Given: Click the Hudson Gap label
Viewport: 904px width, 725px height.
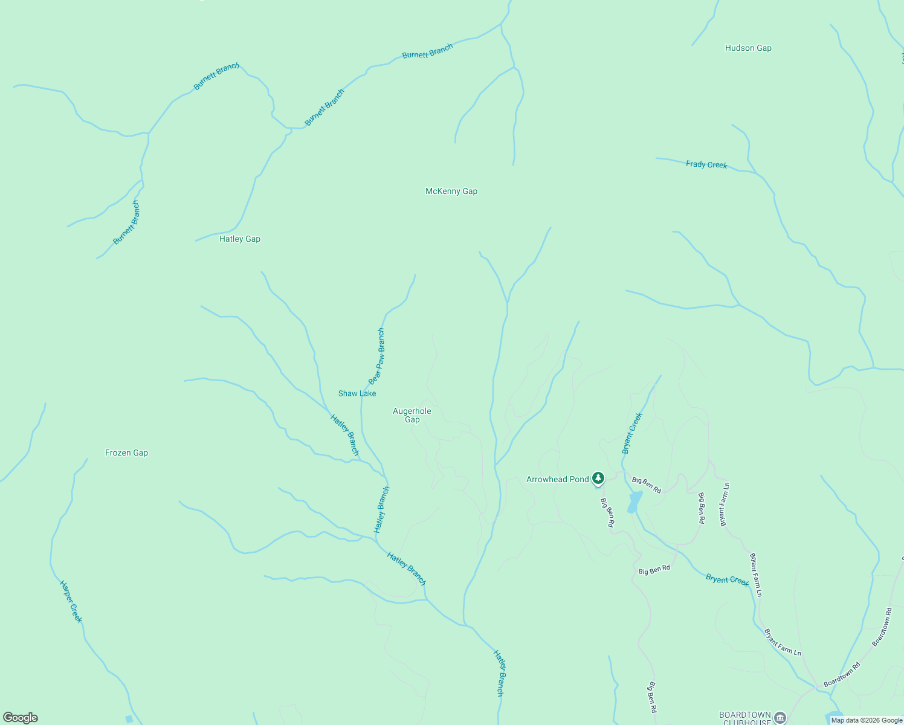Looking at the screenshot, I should [x=748, y=48].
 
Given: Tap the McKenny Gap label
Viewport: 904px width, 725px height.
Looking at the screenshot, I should [x=451, y=192].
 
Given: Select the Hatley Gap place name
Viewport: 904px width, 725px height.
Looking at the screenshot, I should [x=240, y=239].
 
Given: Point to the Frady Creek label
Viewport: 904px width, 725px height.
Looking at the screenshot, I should [x=706, y=164].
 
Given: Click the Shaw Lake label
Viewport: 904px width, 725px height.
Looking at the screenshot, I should [x=357, y=394].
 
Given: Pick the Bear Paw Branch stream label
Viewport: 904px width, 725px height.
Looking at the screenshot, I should [x=377, y=356].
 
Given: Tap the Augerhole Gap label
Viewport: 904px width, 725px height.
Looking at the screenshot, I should [x=412, y=416].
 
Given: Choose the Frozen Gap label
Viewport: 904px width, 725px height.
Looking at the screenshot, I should [x=126, y=453].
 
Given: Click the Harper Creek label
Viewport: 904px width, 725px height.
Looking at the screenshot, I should [x=71, y=602].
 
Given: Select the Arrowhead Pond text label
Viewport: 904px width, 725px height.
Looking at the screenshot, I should [x=557, y=480].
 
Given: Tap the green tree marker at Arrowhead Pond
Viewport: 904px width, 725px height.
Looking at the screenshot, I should [x=598, y=478].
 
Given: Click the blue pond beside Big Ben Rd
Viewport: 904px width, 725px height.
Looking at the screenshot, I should [x=634, y=502].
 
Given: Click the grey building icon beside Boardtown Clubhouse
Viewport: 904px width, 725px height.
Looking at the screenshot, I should [x=780, y=718].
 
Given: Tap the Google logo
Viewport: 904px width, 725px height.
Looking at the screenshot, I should [x=21, y=718].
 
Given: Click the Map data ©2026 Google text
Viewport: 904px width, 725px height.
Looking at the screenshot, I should [x=867, y=720].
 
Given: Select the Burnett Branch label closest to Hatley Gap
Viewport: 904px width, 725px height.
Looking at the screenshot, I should [x=324, y=108].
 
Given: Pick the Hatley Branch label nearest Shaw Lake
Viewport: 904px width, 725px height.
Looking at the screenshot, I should [x=345, y=435].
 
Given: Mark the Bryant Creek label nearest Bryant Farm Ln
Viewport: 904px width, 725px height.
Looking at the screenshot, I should [x=727, y=580].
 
